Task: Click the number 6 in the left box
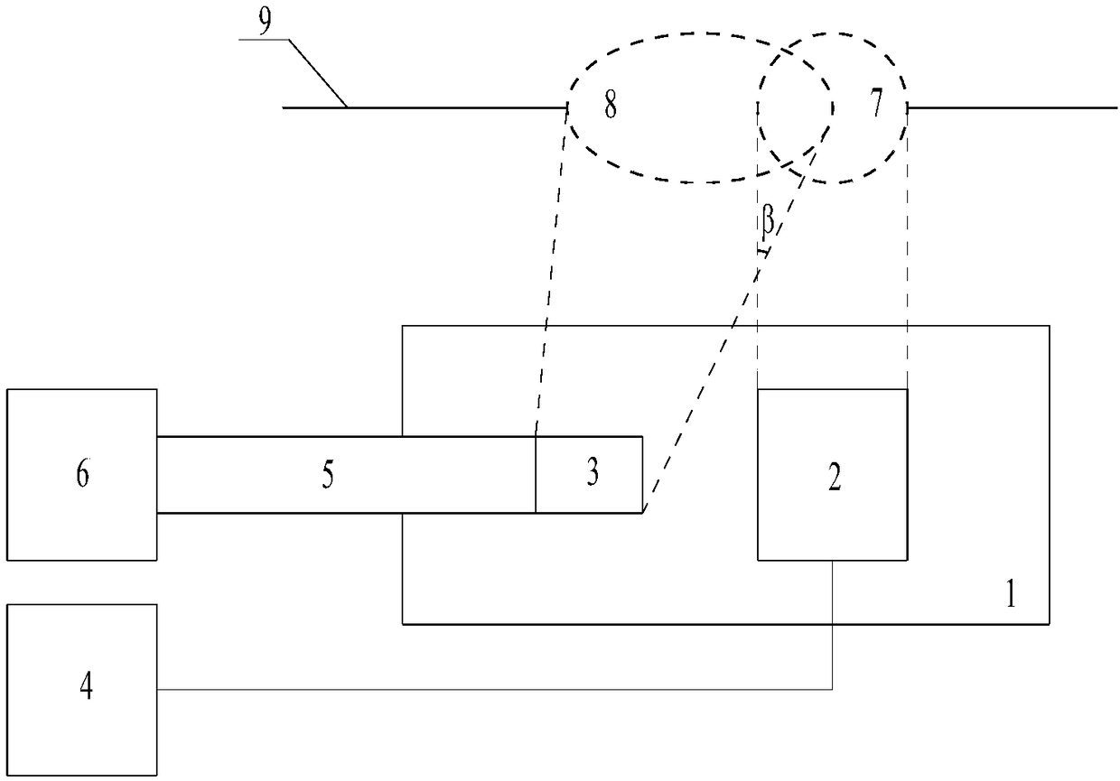point(82,475)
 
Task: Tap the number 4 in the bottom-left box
point(86,688)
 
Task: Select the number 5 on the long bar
point(328,475)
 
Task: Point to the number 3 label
point(592,475)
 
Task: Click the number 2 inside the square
point(834,479)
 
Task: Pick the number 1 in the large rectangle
point(1011,596)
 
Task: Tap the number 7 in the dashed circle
point(875,107)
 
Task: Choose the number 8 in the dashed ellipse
point(611,107)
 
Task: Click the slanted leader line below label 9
point(316,72)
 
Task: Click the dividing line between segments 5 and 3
point(536,475)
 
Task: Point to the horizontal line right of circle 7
point(1012,107)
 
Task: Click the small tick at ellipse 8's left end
point(567,107)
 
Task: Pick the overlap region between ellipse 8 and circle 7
point(795,108)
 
